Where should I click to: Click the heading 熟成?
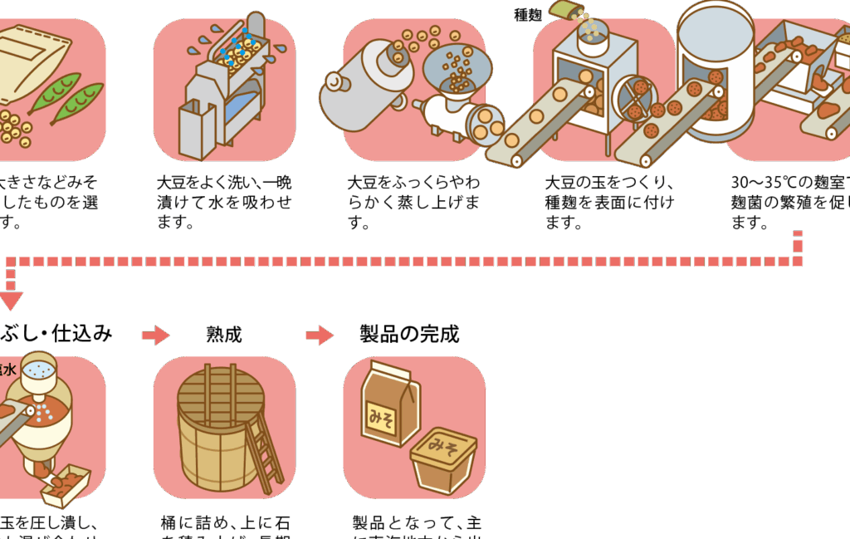(224, 335)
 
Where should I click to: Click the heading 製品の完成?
(409, 334)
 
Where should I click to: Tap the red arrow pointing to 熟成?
(155, 336)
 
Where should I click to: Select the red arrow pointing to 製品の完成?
(320, 336)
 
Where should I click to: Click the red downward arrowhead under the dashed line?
(11, 300)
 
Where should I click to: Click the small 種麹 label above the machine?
(527, 14)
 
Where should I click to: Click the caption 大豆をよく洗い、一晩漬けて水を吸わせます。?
(224, 202)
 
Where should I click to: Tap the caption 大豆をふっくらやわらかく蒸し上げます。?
(413, 202)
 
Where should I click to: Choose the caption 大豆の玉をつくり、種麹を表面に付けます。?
(609, 202)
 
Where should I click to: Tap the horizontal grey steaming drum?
(365, 83)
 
